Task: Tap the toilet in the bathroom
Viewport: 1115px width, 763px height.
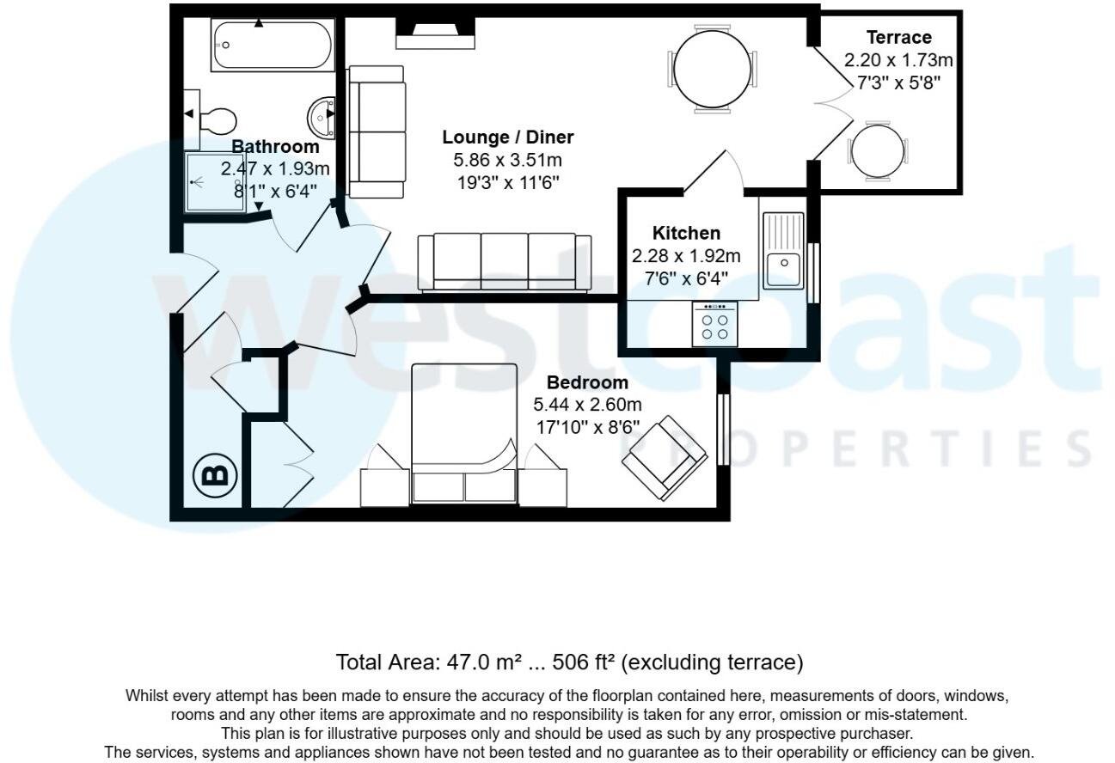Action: click(x=217, y=119)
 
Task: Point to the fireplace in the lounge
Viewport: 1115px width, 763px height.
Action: click(x=436, y=35)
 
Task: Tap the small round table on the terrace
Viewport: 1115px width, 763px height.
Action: click(x=877, y=151)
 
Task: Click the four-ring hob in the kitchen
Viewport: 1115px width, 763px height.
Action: click(x=714, y=326)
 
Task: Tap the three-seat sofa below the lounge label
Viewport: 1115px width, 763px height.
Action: click(x=504, y=261)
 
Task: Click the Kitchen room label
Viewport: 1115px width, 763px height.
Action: click(x=686, y=233)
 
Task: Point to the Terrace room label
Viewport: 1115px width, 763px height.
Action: click(x=898, y=37)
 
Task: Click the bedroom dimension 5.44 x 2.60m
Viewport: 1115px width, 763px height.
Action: click(x=587, y=405)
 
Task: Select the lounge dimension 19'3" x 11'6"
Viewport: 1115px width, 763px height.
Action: click(x=507, y=182)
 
